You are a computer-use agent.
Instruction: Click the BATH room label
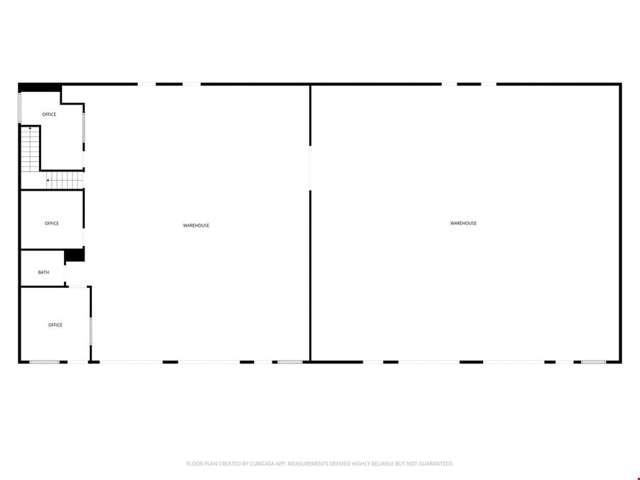click(43, 272)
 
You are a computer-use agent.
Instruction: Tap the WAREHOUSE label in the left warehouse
click(196, 225)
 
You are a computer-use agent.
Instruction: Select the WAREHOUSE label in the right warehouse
click(463, 223)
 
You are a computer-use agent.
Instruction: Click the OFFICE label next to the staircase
click(49, 114)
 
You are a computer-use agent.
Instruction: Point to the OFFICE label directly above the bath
click(52, 223)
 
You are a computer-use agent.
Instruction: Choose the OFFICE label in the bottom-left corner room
click(55, 325)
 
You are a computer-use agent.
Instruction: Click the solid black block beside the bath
click(75, 255)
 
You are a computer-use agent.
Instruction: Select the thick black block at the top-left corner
click(40, 87)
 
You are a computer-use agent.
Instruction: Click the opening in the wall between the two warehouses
click(310, 168)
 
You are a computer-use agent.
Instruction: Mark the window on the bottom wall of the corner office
click(45, 362)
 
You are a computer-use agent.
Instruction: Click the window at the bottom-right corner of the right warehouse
click(594, 362)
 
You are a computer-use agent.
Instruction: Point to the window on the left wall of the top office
click(20, 108)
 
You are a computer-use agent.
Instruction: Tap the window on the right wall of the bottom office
click(90, 331)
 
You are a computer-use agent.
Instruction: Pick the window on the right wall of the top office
click(84, 127)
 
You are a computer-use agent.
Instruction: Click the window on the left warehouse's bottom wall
click(290, 362)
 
